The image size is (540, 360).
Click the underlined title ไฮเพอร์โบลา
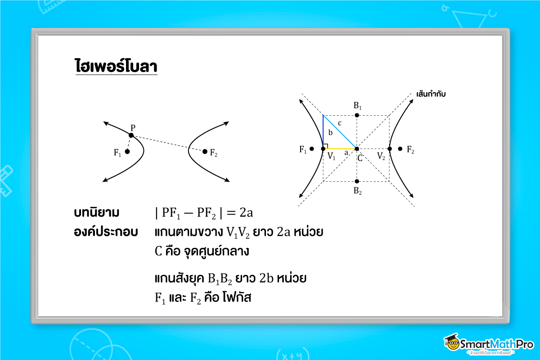tap(116, 66)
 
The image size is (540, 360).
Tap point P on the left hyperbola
tap(131, 135)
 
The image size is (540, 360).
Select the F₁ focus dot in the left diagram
tap(127, 152)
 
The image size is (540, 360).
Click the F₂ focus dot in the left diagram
tap(205, 152)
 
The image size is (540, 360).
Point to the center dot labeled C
tap(357, 148)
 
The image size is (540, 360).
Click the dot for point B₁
tap(357, 115)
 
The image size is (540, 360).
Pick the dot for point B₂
tap(357, 181)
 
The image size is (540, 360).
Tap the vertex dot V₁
tap(324, 148)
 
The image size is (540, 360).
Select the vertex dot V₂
tap(390, 148)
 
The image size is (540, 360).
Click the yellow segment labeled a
tap(340, 148)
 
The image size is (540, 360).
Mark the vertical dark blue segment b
tap(324, 130)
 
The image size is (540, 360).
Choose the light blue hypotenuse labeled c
tap(340, 132)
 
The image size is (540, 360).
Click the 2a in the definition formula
tap(250, 212)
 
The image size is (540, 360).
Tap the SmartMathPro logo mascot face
tap(452, 344)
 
